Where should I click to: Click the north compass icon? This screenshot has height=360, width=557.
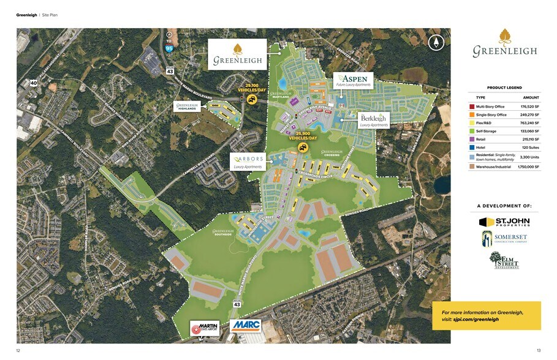pyautogui.click(x=436, y=43)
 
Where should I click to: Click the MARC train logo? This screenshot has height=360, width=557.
pyautogui.click(x=246, y=326)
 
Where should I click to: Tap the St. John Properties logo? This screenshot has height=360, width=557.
pyautogui.click(x=504, y=221)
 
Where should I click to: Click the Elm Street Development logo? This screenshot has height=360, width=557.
pyautogui.click(x=504, y=260)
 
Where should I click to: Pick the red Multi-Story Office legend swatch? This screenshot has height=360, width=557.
pyautogui.click(x=472, y=107)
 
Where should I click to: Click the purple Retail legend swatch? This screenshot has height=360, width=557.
pyautogui.click(x=472, y=140)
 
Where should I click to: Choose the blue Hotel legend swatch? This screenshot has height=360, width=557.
pyautogui.click(x=472, y=148)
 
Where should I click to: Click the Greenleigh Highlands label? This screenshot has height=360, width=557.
pyautogui.click(x=187, y=107)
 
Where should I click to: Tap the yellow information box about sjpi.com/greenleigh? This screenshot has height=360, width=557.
pyautogui.click(x=487, y=315)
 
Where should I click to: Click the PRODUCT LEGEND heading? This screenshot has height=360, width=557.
pyautogui.click(x=504, y=88)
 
